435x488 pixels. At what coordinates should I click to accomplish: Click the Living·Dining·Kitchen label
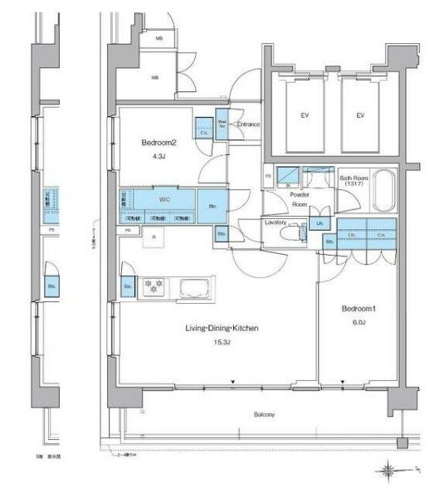[x=222, y=329]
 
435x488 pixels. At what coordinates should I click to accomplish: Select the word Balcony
[x=264, y=413]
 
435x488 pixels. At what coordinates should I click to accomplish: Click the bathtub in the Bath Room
[x=384, y=193]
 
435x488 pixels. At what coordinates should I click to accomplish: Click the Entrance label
[x=247, y=125]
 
